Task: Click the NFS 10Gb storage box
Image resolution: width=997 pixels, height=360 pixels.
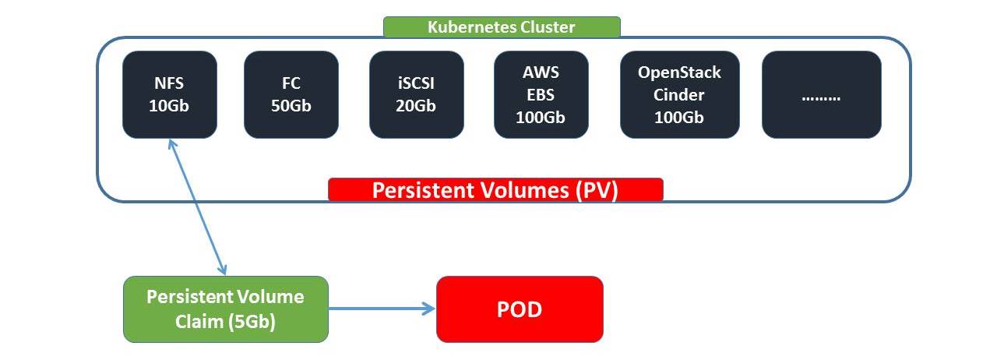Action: (x=169, y=94)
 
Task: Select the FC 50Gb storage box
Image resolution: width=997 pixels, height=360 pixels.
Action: (x=291, y=94)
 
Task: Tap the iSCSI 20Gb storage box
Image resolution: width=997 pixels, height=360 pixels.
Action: (x=416, y=94)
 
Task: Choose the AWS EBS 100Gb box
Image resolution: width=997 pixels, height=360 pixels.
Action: (x=541, y=94)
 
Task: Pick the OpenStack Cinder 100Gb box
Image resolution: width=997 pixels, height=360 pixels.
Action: (x=679, y=94)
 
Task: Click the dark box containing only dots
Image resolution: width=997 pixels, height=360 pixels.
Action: (x=821, y=94)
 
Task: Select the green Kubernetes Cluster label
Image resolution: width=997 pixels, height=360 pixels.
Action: (x=502, y=27)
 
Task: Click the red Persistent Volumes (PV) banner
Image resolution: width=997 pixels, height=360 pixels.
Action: (x=495, y=190)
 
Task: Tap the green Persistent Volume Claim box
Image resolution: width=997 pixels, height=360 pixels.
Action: (x=226, y=309)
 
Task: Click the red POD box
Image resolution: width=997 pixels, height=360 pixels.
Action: (x=520, y=309)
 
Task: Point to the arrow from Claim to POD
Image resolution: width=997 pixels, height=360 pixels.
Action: (x=382, y=309)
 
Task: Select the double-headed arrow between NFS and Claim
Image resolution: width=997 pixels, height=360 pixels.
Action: (x=197, y=206)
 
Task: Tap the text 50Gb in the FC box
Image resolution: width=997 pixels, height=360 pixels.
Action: (x=291, y=106)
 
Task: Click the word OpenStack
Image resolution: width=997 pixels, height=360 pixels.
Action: (x=679, y=72)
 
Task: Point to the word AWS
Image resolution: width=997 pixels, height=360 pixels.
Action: (x=541, y=72)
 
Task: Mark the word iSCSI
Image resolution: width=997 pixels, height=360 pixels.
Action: (x=416, y=83)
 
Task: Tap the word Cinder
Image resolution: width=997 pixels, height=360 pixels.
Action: (x=679, y=95)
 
